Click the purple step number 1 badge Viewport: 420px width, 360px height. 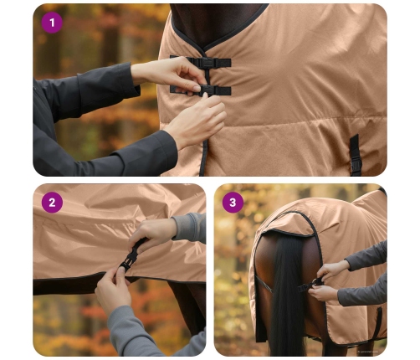52,23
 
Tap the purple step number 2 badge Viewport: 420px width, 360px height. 52,203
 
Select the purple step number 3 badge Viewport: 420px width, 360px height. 232,203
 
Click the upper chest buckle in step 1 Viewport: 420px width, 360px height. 203,62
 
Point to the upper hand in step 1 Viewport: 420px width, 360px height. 172,72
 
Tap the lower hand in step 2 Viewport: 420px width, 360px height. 113,289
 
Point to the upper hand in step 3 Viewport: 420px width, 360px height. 335,270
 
